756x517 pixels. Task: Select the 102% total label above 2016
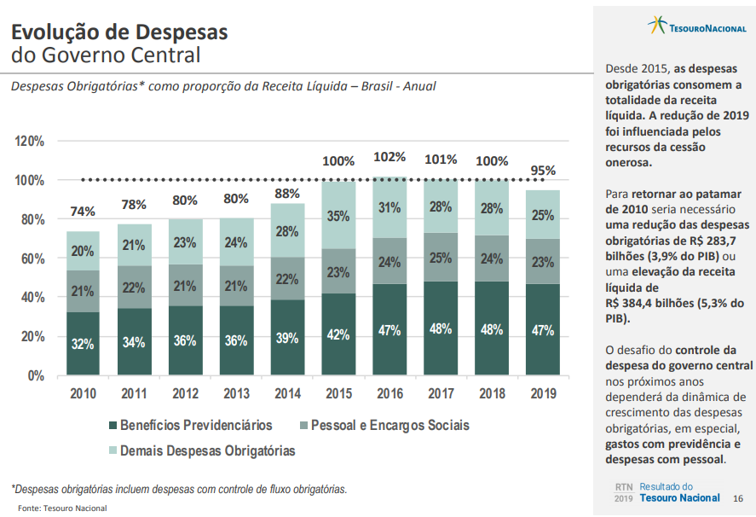[390, 157]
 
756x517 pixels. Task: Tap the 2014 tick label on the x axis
[287, 394]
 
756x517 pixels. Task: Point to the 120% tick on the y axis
[30, 142]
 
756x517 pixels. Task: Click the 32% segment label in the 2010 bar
[83, 344]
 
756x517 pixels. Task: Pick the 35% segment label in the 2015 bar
[338, 216]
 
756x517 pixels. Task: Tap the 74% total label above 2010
[83, 212]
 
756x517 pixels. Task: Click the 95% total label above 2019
[543, 171]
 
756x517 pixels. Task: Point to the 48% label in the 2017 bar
[441, 328]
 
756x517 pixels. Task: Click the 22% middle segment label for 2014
[287, 279]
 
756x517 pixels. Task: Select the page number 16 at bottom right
[738, 498]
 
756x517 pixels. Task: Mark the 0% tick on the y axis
[36, 375]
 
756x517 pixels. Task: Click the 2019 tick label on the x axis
[543, 394]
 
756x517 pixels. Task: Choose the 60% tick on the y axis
[32, 258]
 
